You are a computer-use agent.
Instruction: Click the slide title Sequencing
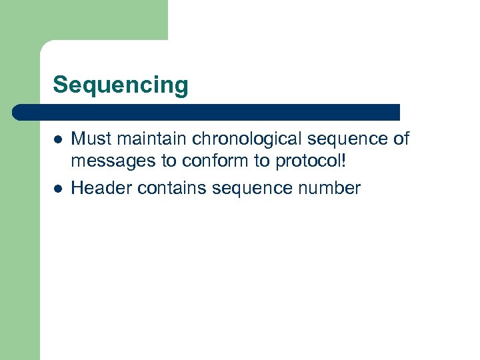(x=121, y=86)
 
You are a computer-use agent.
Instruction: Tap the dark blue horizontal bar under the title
(x=207, y=112)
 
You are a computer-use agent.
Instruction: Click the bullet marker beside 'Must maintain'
(x=58, y=140)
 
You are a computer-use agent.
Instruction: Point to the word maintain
(x=147, y=139)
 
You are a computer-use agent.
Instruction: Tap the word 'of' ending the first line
(x=400, y=139)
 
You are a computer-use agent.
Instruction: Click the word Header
(x=101, y=189)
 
